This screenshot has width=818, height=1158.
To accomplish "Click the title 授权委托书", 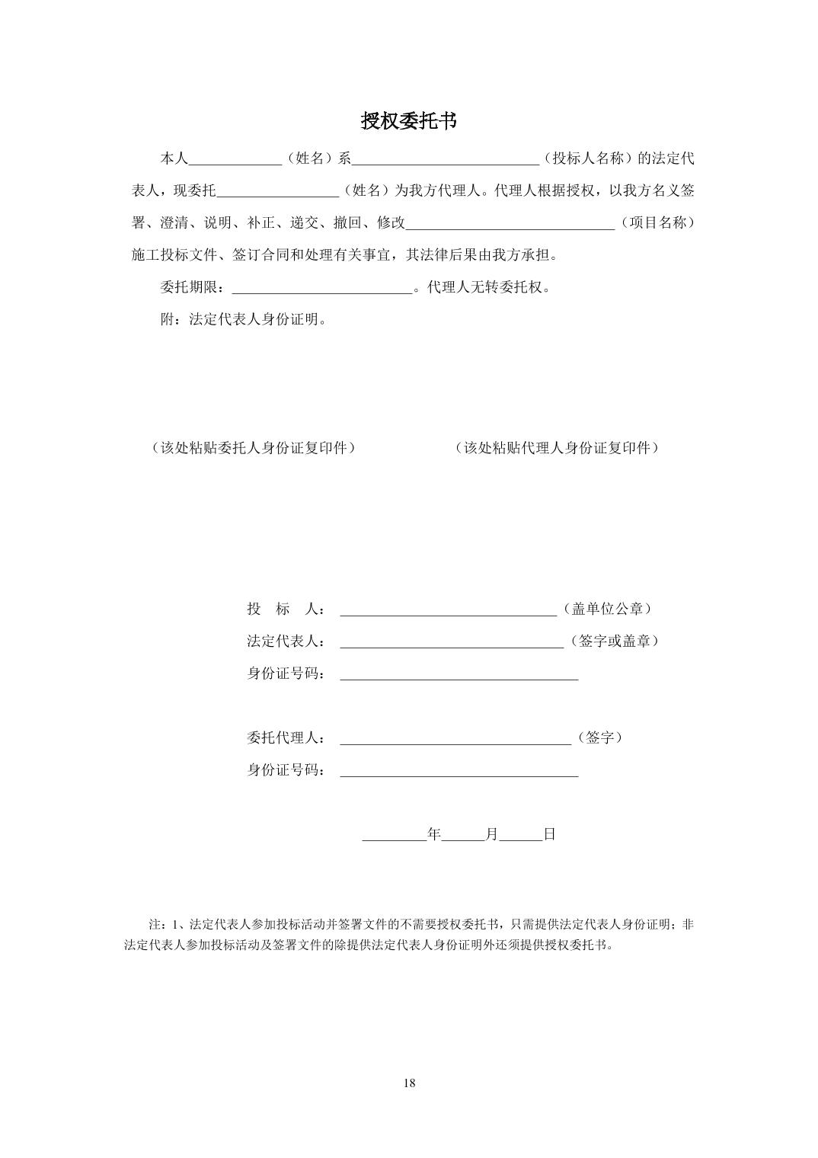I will (408, 121).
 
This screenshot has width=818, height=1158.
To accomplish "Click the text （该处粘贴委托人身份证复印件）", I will (254, 448).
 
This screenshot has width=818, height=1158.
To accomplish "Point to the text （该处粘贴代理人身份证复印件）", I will (557, 448).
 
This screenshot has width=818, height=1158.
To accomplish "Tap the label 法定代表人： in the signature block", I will (286, 641).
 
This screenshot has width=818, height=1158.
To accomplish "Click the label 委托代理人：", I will (286, 738).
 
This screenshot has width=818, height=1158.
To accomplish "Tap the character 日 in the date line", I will (549, 835).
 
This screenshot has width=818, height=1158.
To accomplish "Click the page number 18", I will (409, 1083).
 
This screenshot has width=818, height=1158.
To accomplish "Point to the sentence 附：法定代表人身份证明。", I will (244, 320).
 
